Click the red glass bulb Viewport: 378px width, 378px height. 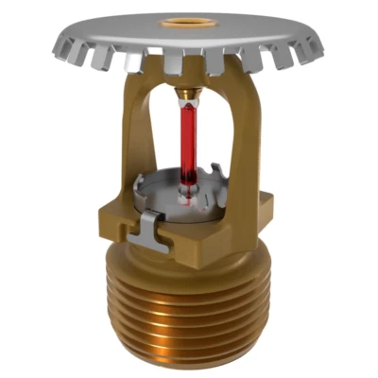point(188,142)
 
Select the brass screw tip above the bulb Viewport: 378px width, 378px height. point(189,94)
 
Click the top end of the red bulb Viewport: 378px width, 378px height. point(188,107)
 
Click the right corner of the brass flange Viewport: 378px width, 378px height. point(272,203)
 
